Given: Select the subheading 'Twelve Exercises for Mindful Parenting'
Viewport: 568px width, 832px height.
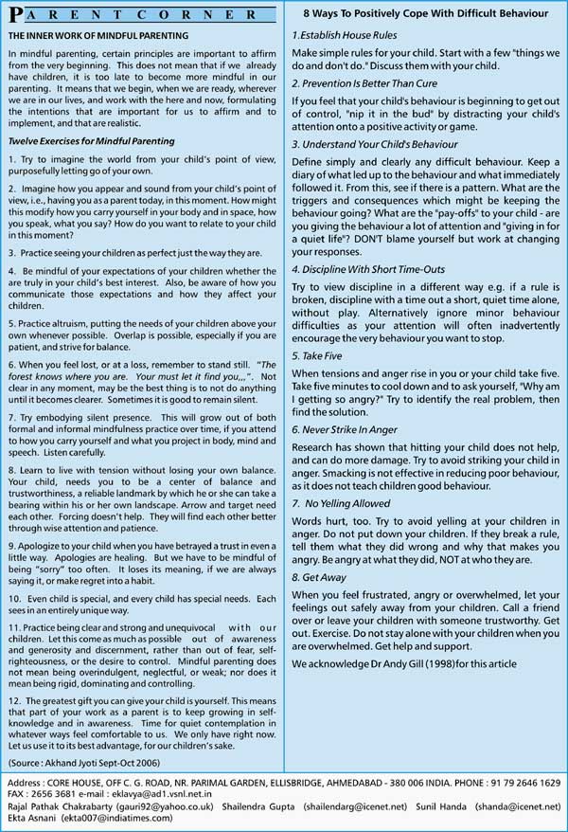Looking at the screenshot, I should (91, 140).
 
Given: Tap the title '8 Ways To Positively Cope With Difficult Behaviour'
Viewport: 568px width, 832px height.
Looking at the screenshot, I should (423, 16).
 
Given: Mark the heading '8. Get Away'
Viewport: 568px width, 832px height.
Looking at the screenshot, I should (320, 575).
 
